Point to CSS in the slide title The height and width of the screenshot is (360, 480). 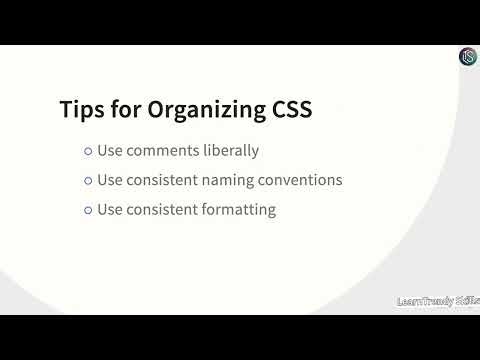point(289,110)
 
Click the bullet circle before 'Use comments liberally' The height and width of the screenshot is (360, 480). point(88,152)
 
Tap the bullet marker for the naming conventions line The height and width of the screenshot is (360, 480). point(88,181)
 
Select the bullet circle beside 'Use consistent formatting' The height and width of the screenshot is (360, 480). point(88,211)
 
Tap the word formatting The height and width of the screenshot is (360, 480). point(241,211)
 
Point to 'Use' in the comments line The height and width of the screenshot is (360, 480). point(109,151)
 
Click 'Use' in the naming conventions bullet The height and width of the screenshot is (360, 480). point(109,181)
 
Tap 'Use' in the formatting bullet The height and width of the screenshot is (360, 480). point(109,211)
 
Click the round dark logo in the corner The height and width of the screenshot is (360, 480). point(467,57)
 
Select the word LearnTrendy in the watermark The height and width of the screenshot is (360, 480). point(425,300)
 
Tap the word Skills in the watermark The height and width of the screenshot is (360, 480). point(467,300)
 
